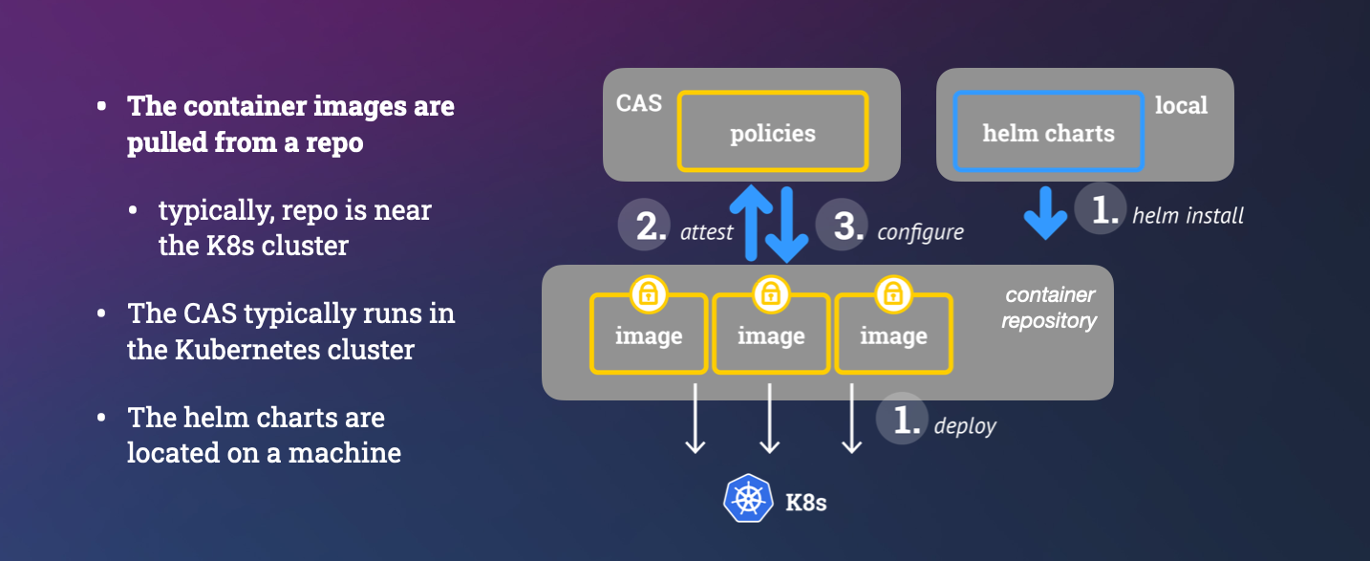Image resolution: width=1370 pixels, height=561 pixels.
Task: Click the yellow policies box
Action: point(772,132)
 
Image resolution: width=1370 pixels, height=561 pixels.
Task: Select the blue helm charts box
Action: point(1048,132)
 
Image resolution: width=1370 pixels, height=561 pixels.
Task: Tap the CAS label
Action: point(639,103)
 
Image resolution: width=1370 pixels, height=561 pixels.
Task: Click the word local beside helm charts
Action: point(1182,105)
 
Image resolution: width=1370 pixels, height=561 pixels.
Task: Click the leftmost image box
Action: point(649,335)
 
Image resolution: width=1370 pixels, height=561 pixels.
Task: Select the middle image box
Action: point(771,335)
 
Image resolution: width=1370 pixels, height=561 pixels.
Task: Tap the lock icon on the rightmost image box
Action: point(892,293)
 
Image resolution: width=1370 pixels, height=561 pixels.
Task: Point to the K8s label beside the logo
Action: point(805,502)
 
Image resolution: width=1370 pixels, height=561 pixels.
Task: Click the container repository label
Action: point(1049,308)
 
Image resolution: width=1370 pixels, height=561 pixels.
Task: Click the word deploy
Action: point(965,425)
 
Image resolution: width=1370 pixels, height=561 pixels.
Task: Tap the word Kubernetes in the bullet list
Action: point(246,349)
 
